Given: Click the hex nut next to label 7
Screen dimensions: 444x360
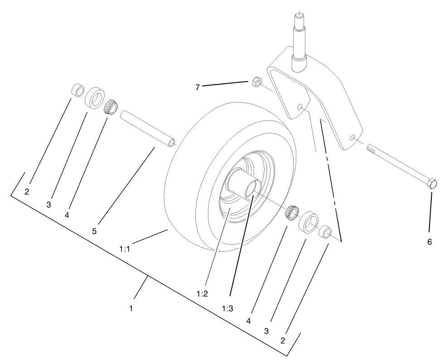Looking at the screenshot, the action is point(256,82).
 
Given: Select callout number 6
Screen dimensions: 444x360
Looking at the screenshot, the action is point(430,242).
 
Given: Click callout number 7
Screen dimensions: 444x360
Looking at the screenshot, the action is point(198,88).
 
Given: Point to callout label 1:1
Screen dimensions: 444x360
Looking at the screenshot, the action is point(125,248).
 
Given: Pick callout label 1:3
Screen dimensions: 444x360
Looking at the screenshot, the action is point(227,308).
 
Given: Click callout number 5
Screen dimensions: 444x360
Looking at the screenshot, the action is point(94,231).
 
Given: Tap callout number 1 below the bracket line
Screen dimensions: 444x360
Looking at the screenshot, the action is point(131,308).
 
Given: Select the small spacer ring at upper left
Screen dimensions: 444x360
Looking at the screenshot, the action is point(77,90).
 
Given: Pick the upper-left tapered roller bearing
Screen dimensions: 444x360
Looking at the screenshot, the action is point(110,106).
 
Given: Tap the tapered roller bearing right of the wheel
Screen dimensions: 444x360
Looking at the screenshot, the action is point(291,212).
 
